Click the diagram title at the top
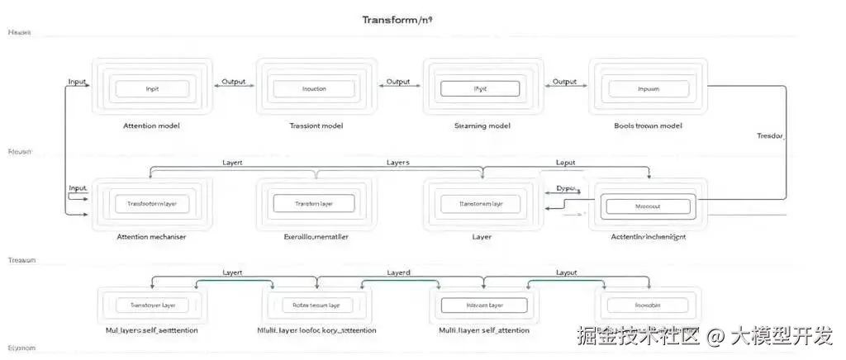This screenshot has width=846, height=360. click(x=397, y=19)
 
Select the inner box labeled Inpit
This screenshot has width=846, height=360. click(x=152, y=88)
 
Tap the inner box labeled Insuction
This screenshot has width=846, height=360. click(x=314, y=88)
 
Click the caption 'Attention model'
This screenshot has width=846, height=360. click(x=151, y=126)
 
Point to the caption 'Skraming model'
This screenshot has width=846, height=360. click(x=482, y=126)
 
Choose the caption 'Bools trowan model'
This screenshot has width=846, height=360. click(x=648, y=126)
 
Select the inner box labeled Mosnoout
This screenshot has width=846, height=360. click(x=647, y=206)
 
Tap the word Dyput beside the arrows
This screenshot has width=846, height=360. click(x=565, y=188)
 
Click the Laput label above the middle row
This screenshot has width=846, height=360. click(x=565, y=163)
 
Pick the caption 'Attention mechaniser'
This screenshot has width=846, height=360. click(x=151, y=237)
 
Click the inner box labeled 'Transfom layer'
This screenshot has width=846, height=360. click(x=314, y=203)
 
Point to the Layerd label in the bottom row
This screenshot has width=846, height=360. click(x=399, y=272)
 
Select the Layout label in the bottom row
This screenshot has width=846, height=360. click(x=566, y=272)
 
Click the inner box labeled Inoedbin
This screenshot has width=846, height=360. click(x=648, y=305)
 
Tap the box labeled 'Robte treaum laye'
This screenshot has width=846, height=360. click(x=316, y=305)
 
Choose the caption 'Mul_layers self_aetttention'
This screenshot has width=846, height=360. click(x=151, y=330)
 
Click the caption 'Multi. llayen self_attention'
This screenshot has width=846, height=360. click(x=482, y=330)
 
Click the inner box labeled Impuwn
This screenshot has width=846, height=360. click(x=648, y=88)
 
